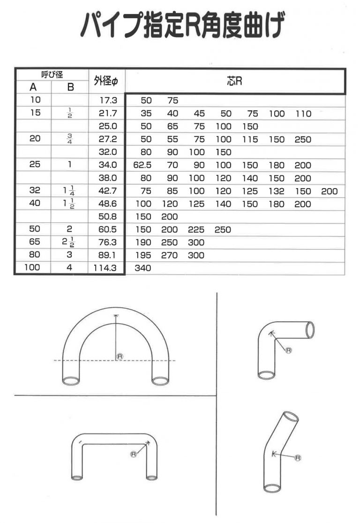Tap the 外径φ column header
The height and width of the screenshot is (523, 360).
(106, 82)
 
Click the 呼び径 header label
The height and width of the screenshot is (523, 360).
(52, 74)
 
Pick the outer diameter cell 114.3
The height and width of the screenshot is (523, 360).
(106, 268)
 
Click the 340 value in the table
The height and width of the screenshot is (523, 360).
(142, 268)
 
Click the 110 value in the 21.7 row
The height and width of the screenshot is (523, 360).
(303, 114)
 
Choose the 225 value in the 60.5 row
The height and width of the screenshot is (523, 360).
(196, 230)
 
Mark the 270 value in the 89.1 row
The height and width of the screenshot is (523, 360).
(169, 256)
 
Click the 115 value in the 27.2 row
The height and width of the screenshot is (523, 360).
(250, 139)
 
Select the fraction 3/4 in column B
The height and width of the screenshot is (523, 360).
(69, 139)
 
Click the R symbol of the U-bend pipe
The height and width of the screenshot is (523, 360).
(120, 356)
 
